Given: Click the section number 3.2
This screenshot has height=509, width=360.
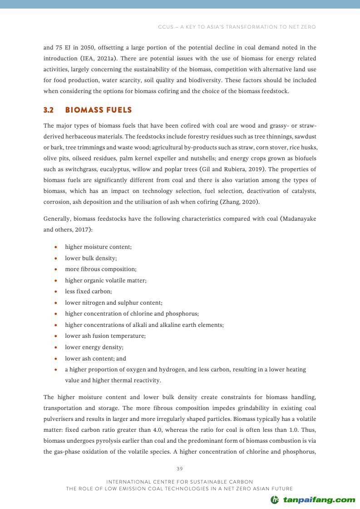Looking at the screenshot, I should (x=49, y=110).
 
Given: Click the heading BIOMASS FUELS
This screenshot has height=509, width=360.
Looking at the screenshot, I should (x=99, y=110).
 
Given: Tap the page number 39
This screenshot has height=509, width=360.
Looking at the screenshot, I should (x=180, y=468).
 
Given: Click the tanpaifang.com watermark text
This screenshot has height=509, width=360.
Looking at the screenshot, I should (x=319, y=499).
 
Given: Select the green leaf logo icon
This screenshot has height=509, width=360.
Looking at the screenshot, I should (x=275, y=500).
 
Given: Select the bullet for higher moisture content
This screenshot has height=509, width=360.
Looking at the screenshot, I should (x=55, y=247).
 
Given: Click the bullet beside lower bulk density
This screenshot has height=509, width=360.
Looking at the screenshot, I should (x=55, y=258).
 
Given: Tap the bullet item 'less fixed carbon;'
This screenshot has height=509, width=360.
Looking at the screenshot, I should (x=88, y=292).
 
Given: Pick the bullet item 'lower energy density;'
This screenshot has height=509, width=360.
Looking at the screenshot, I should (x=94, y=347).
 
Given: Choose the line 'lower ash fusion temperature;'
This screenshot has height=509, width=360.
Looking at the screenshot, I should (x=105, y=336).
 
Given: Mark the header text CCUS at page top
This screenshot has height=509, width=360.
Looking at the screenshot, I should (x=166, y=27).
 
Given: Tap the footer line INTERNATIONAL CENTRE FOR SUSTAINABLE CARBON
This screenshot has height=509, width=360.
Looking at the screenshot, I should (x=180, y=481).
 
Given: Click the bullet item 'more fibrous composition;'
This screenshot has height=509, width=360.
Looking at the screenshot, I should (x=100, y=269).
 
